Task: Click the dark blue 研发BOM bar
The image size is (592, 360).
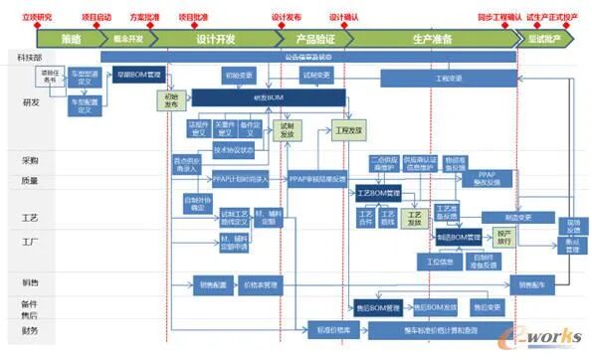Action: pos(269,97)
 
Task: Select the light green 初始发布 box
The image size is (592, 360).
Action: pos(172,100)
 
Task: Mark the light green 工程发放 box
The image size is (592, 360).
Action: pos(349,129)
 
